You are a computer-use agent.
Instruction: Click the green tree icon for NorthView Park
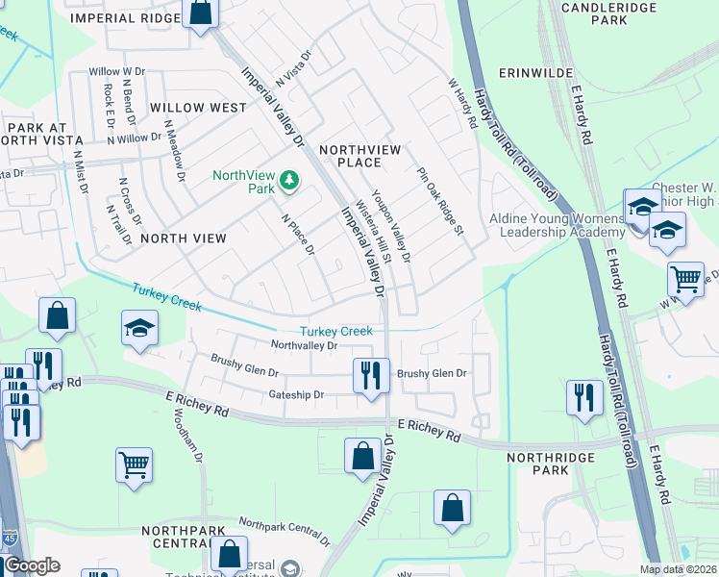tap(287, 180)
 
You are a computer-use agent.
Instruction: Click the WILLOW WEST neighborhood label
tap(198, 108)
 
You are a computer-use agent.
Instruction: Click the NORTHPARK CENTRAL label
tap(188, 539)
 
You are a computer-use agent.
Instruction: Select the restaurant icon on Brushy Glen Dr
tap(371, 374)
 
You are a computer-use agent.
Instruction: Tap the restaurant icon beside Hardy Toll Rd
tap(583, 396)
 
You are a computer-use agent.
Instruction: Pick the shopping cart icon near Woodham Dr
tap(135, 464)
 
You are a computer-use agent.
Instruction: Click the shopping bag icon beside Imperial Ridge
tap(202, 13)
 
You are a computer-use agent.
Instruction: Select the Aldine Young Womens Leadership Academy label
tap(557, 225)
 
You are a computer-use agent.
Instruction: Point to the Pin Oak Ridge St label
tap(440, 201)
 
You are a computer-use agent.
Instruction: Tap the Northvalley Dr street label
tap(304, 345)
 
